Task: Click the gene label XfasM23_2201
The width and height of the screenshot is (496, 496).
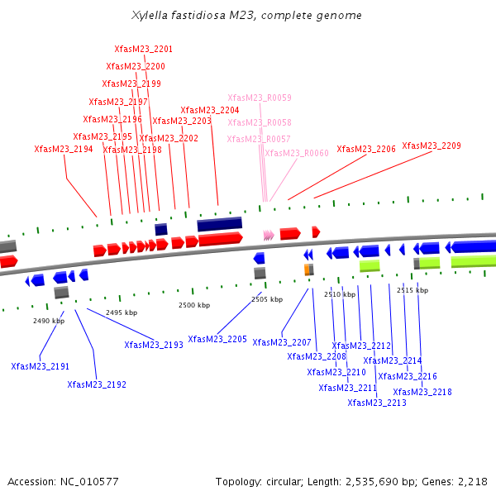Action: click(x=143, y=50)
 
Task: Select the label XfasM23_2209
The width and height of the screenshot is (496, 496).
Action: click(x=432, y=146)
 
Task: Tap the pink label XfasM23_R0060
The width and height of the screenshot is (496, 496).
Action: click(x=297, y=154)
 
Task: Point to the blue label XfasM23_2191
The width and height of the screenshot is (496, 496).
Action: click(x=41, y=366)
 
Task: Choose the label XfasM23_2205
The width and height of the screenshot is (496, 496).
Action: click(x=217, y=339)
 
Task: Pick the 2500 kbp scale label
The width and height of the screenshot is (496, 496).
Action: click(x=194, y=305)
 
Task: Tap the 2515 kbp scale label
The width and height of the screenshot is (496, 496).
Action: click(x=413, y=290)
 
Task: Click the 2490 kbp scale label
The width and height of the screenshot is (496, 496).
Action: click(x=49, y=321)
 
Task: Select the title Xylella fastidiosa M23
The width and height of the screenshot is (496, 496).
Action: click(x=246, y=16)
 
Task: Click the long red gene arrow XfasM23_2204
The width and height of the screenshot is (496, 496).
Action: click(x=220, y=238)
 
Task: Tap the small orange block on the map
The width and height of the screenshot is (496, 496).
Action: click(x=308, y=269)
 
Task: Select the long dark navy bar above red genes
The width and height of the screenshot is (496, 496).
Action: click(x=219, y=224)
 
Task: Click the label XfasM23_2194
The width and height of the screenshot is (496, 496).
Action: click(x=64, y=150)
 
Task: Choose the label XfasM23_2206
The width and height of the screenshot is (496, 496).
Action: click(x=366, y=150)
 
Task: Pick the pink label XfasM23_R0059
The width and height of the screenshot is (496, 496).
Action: click(x=260, y=98)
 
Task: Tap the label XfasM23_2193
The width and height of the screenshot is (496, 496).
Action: click(x=154, y=345)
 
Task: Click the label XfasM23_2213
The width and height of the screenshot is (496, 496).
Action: click(x=377, y=403)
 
